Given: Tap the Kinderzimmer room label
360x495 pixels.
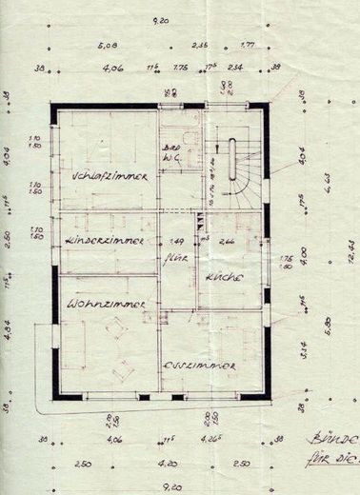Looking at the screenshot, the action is tap(105, 242).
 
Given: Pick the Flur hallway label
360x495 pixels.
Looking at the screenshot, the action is tap(175, 256).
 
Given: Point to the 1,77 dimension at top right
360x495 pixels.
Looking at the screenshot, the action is tap(247, 44).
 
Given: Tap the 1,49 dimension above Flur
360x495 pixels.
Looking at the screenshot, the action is tap(175, 241).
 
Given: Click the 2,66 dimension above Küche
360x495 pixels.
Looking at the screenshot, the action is tap(229, 242).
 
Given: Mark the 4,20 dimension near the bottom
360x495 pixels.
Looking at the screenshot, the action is tap(167, 464).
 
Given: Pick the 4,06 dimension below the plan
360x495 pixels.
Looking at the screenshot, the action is tap(116, 440).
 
